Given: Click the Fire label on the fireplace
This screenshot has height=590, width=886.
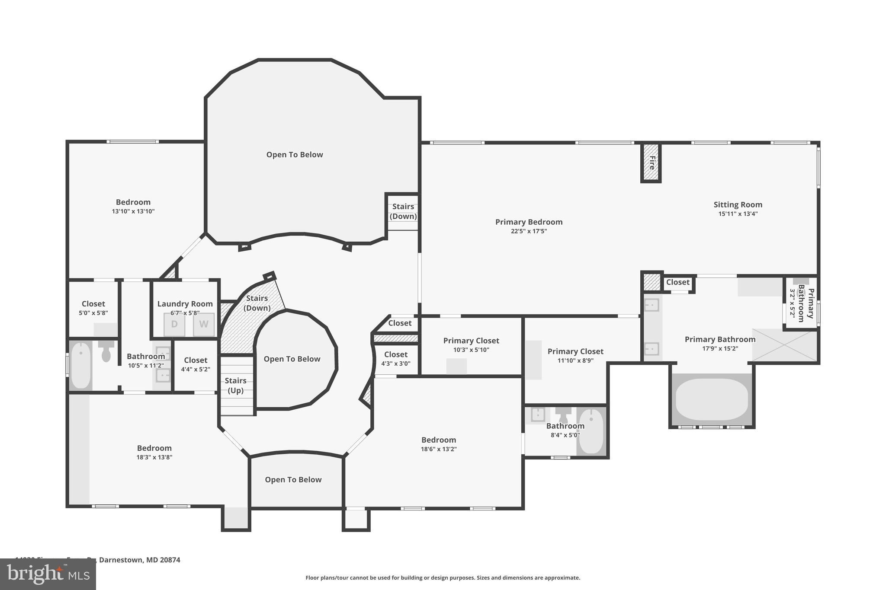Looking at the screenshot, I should coord(651,163).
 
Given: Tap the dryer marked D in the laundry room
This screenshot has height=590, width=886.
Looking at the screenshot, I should coord(174,324).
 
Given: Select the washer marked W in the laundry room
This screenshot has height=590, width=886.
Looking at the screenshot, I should coord(204,324).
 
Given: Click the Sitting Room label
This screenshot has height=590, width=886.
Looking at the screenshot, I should coord(738,204).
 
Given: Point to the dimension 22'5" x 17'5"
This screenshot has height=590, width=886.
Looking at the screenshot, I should coord(529,231).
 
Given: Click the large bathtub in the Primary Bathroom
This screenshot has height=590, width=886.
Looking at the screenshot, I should coord(712,399).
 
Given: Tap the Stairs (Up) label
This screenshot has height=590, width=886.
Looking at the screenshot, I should coord(235,385).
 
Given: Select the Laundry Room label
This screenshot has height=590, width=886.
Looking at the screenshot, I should coord(185,304).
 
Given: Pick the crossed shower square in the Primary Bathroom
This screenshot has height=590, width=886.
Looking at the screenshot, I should coord(784,345).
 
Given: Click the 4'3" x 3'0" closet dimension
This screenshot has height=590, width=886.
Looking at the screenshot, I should coord(395,364).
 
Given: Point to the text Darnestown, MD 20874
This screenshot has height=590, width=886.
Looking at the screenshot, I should coord(139,560).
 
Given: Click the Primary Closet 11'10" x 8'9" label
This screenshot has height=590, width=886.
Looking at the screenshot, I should coord(575,351).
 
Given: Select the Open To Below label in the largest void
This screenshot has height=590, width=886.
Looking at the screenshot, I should coord(294,155).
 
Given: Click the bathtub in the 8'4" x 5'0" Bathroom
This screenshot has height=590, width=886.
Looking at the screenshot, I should coord(591,431).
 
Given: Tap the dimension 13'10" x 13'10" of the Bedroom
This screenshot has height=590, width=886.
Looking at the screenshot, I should coord(133,211).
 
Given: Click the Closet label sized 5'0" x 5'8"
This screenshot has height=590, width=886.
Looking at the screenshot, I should coord(93,304).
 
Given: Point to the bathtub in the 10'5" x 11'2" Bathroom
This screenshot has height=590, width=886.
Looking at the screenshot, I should coord(81,365).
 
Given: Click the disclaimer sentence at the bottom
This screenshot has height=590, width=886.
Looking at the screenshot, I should coord(443,577).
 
